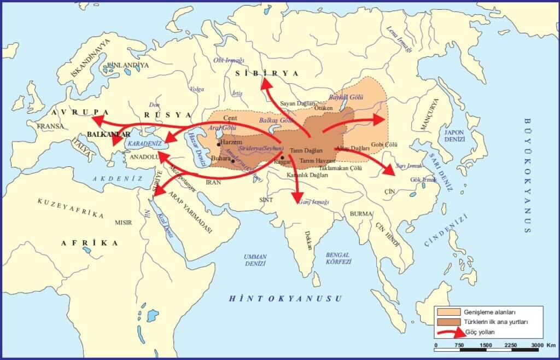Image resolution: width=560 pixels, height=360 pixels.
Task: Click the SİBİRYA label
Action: [267, 73]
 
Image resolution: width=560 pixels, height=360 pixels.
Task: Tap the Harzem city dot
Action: [218, 144]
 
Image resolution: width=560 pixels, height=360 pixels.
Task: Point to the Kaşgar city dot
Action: [282, 158]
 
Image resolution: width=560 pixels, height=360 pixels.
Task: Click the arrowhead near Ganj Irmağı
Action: [297, 198]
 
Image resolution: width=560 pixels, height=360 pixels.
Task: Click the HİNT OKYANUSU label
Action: [285, 298]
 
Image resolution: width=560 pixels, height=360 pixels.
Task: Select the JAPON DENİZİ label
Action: [454, 135]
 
